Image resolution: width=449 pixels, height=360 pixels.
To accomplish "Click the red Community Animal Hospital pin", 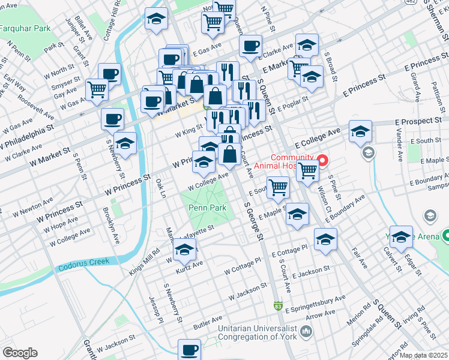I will tap(322, 161).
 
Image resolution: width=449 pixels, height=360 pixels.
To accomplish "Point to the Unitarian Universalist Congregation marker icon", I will tap(307, 331).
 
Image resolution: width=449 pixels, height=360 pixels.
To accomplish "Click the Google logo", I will tap(20, 353).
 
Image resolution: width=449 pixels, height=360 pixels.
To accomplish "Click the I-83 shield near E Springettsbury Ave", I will tap(278, 306).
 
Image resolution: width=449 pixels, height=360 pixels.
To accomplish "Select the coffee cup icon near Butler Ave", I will tap(190, 349).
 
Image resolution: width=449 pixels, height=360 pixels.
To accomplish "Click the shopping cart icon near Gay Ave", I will tap(97, 89).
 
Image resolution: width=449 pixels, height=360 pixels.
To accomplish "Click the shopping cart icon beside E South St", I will tap(278, 187).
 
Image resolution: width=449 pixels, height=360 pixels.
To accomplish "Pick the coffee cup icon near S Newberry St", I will tap(112, 119).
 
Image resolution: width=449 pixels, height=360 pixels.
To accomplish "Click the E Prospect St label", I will tap(421, 122).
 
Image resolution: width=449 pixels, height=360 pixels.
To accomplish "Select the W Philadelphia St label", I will tap(27, 136).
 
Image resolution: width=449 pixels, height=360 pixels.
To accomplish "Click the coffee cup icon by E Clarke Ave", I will tap(250, 44).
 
